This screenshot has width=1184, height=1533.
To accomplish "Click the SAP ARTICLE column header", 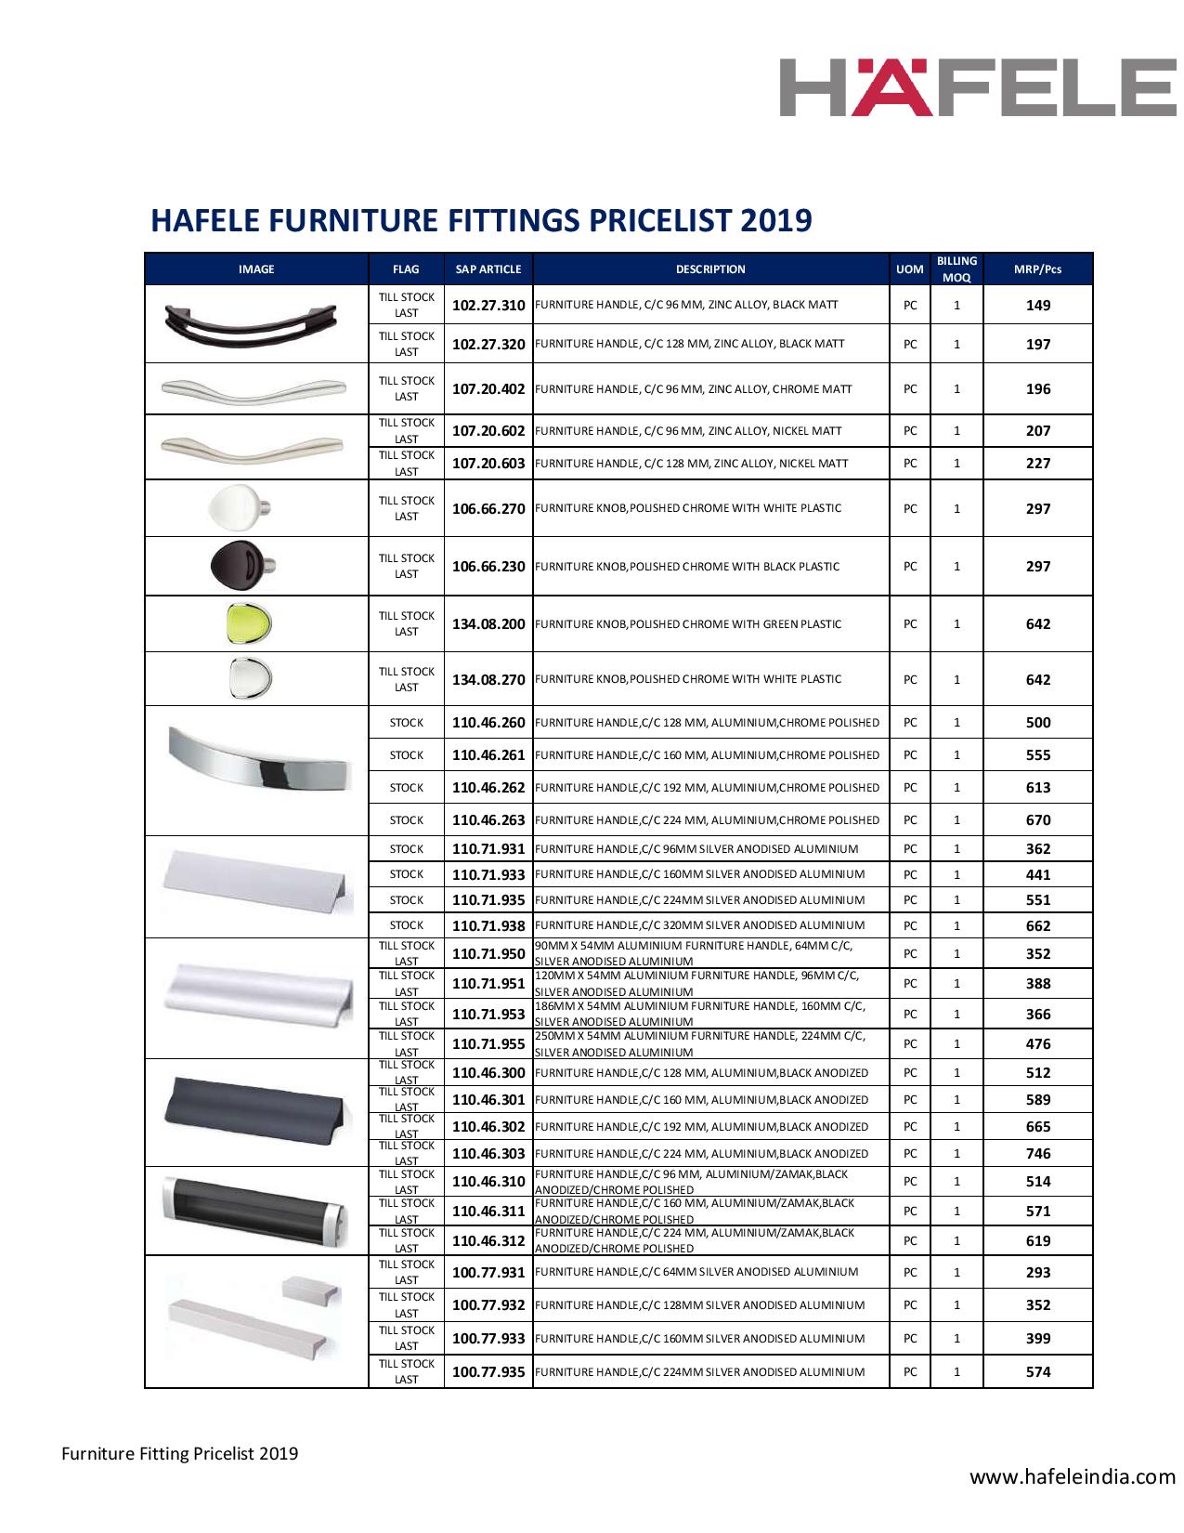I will tap(488, 269).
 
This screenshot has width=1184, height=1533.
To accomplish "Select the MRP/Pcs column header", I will tap(1037, 269).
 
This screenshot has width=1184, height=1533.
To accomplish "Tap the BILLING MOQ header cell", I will tap(956, 269).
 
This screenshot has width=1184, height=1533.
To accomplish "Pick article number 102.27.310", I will tap(488, 305).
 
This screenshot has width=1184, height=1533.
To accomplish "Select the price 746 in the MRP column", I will tap(1038, 1154).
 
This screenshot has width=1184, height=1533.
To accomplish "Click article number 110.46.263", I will tap(488, 820).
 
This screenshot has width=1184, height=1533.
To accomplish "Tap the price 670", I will tap(1038, 820).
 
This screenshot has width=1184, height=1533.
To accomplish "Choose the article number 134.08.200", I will tap(488, 624).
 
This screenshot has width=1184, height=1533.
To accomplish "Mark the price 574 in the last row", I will tap(1038, 1372).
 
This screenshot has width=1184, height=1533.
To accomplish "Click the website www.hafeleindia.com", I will tap(1073, 1476).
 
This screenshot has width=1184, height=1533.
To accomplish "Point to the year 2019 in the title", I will tap(776, 220).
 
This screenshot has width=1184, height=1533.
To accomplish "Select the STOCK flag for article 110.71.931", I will tap(407, 849).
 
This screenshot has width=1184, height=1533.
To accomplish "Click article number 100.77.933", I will tap(488, 1339).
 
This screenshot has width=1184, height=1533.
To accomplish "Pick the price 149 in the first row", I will tap(1038, 306).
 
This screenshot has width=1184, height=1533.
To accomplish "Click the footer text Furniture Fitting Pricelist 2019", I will tap(180, 1453).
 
